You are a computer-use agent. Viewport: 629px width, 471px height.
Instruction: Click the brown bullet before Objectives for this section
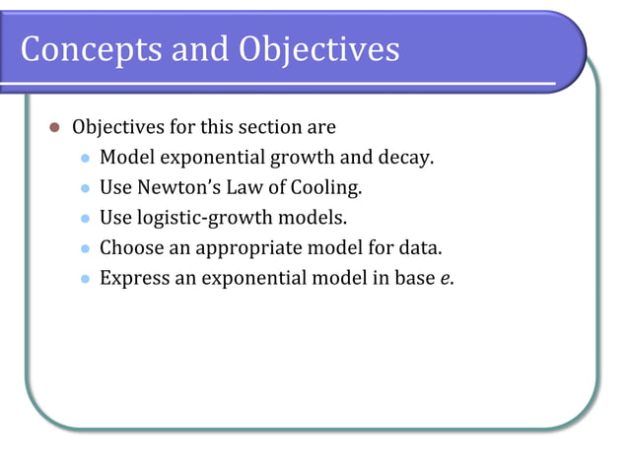coord(55,127)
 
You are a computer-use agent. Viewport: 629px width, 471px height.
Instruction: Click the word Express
coord(133,279)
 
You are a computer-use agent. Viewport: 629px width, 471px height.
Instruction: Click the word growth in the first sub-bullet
coord(302,158)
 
